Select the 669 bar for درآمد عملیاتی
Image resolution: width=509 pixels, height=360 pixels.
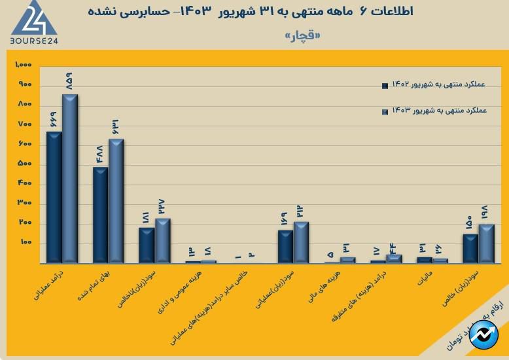point(54,196)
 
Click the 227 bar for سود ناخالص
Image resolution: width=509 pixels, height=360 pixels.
point(162,240)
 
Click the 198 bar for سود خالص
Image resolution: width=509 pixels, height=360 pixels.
point(486,243)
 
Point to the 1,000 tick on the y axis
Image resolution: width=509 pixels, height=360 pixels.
point(24,65)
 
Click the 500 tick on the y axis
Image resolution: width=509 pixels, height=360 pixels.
point(25,164)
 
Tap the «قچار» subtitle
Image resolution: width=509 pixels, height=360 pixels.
point(303,36)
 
